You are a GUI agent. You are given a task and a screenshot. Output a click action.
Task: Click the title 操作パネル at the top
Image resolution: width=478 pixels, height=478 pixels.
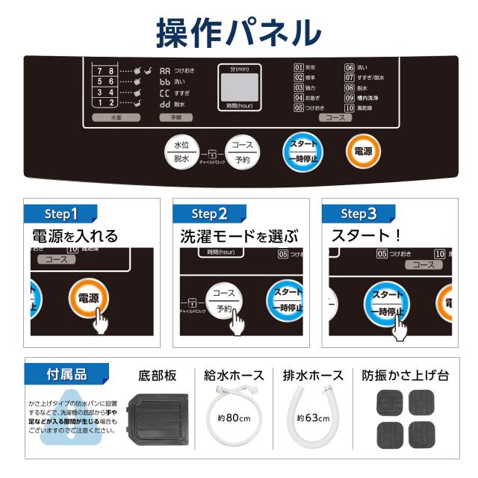click(x=238, y=31)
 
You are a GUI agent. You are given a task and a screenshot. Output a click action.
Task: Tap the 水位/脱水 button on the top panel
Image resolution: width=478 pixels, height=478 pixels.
click(x=181, y=151)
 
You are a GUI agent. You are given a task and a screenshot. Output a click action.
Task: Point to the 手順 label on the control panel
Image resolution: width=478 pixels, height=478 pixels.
click(x=176, y=117)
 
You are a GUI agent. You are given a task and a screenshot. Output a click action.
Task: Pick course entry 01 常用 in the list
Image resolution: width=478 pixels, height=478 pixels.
click(x=305, y=67)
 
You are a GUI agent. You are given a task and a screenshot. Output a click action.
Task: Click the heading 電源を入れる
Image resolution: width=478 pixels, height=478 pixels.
click(x=75, y=237)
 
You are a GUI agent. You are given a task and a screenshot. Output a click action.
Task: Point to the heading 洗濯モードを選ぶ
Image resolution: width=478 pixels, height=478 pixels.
click(x=239, y=237)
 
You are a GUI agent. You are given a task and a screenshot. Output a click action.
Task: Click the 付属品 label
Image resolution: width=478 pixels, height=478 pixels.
click(x=67, y=374)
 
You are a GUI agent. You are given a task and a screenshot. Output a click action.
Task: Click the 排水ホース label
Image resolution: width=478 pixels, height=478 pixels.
click(x=313, y=375)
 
